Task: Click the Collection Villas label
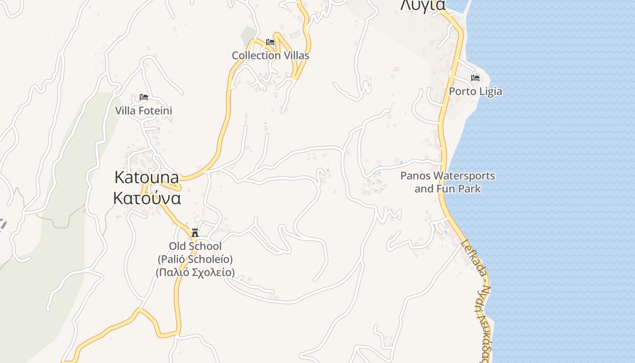point(270,55)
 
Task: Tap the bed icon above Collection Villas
point(270,42)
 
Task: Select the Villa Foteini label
point(143,110)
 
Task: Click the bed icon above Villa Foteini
point(144,97)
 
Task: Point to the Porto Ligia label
point(475,91)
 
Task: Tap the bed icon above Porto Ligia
point(475,78)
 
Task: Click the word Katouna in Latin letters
point(147,177)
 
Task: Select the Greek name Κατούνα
point(147,198)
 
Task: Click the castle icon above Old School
point(195,233)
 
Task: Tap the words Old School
point(195,246)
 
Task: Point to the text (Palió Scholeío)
point(195,259)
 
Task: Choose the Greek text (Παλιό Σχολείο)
point(195,272)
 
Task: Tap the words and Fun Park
point(447,188)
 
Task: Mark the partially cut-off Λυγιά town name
point(423,5)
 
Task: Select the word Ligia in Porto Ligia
point(490,91)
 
